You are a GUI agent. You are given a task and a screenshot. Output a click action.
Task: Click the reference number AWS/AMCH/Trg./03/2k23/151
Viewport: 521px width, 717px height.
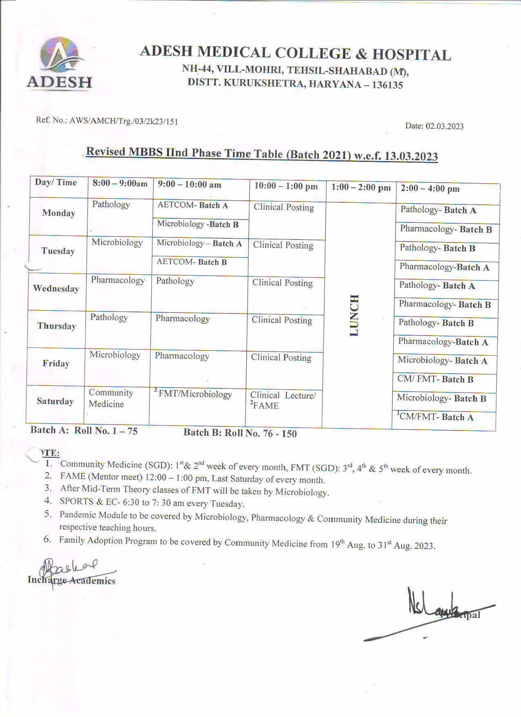123,121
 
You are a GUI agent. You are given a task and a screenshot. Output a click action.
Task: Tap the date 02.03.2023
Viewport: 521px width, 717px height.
444,126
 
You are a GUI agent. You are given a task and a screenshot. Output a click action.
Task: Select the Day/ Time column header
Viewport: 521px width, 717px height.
56,183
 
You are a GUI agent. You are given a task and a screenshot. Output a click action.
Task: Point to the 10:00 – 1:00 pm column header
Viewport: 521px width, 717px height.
286,186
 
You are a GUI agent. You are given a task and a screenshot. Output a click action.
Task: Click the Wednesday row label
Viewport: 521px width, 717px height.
56,289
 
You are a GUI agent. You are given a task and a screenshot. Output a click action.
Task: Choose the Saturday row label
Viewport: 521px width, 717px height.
55,401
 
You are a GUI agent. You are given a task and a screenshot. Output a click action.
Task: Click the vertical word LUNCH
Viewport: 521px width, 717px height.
354,315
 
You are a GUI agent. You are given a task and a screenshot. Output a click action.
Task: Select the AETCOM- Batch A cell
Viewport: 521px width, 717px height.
193,205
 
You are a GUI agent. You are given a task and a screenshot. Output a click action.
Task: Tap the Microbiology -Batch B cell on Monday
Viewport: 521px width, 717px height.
198,224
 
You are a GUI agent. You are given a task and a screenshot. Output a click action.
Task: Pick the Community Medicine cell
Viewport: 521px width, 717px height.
111,398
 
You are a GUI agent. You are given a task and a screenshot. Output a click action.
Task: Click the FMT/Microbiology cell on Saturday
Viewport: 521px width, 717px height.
194,394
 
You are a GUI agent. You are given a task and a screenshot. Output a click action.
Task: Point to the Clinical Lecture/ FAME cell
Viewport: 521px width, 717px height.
283,400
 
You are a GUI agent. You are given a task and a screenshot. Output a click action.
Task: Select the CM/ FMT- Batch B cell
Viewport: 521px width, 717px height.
435,379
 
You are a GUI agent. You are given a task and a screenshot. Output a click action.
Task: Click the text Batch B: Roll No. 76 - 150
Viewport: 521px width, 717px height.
240,433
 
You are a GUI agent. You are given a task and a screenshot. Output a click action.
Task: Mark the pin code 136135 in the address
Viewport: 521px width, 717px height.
387,85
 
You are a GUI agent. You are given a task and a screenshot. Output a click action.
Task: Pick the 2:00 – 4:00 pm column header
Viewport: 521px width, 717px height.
430,189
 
